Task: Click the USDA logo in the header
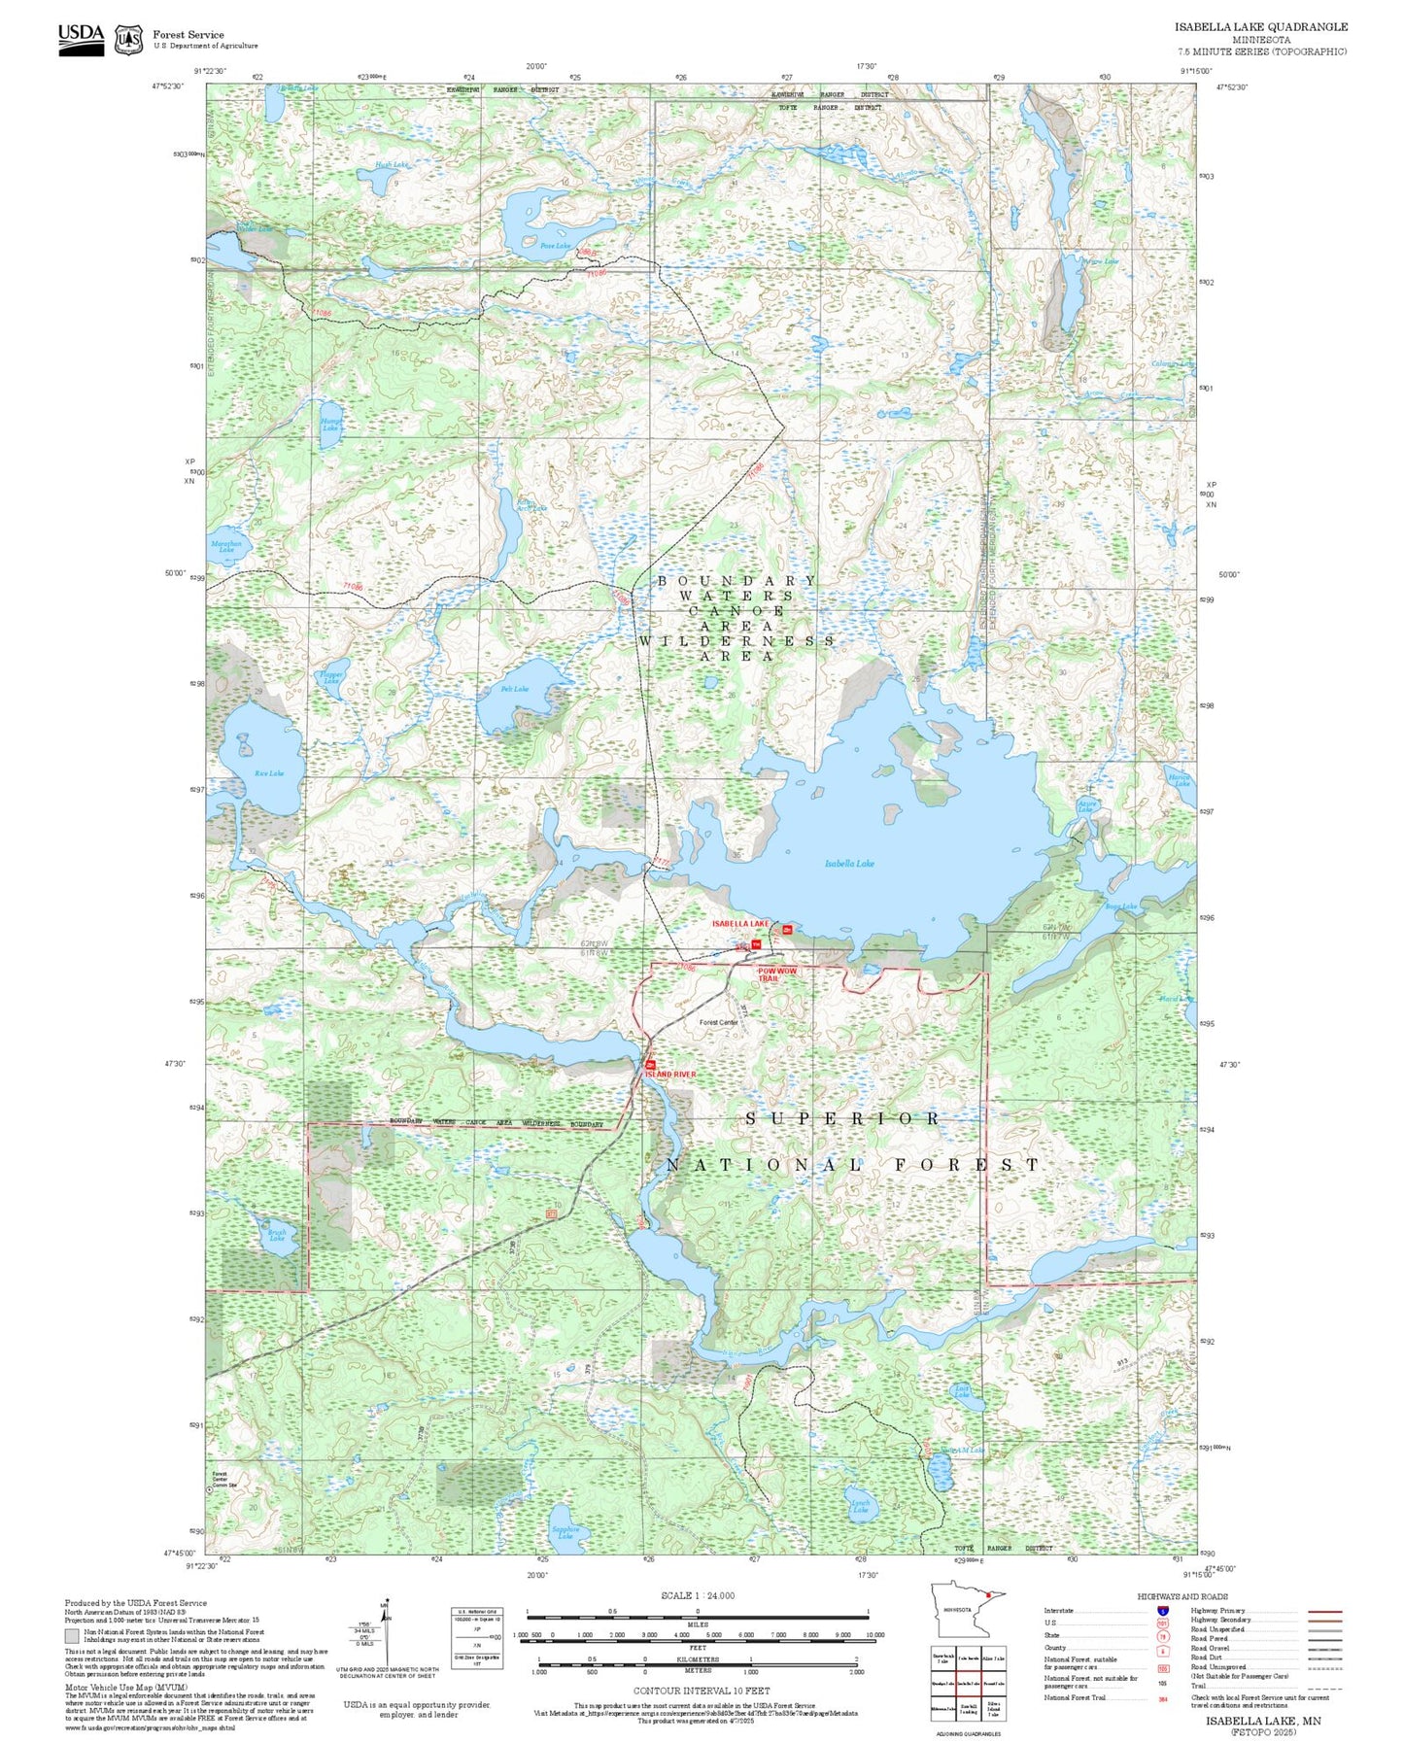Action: [81, 39]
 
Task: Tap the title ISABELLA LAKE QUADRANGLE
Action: [1260, 27]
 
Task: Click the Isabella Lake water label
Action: [849, 863]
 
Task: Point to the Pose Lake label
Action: [555, 246]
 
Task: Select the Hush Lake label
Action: [392, 165]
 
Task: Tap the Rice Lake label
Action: [268, 773]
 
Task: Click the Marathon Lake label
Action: [226, 547]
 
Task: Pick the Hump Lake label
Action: [330, 425]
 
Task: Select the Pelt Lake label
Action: [515, 689]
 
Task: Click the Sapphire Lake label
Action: [565, 1532]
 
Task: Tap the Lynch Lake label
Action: [860, 1507]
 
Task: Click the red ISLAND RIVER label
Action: [670, 1075]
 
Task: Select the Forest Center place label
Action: [718, 1022]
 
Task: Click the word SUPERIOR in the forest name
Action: [842, 1118]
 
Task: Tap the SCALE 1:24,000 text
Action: [697, 1595]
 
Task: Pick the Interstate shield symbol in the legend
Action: [1162, 1611]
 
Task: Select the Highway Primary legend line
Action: [1324, 1611]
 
